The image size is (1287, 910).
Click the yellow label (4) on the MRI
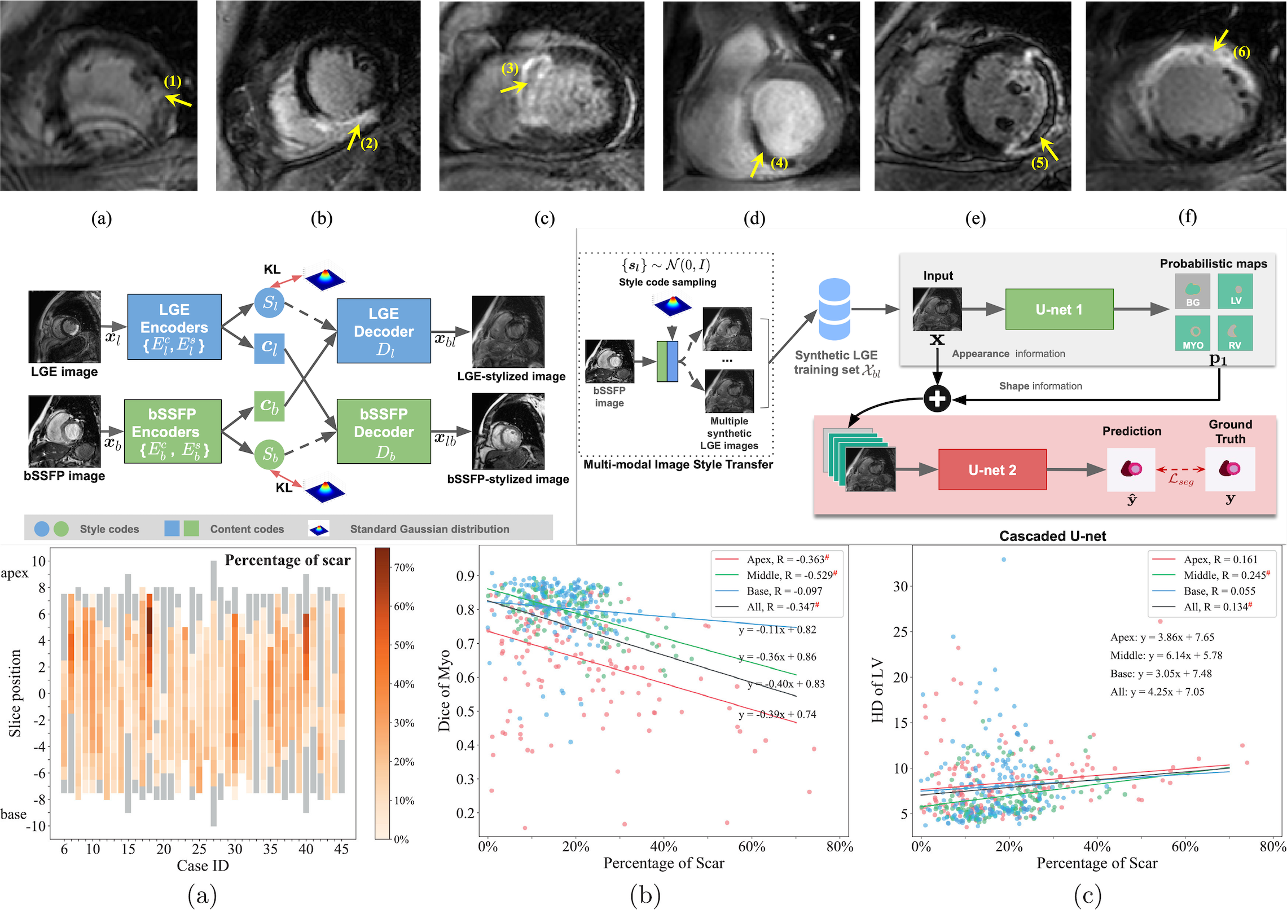coord(779,163)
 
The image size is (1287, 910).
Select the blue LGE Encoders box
coord(174,327)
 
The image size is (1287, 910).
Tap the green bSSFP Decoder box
coord(384,432)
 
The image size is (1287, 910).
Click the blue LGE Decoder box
coord(384,331)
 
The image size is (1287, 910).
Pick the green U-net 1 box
coord(1059,310)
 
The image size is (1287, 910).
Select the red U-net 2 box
coord(992,470)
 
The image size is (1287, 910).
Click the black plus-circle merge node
coord(937,399)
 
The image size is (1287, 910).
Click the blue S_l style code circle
coord(270,302)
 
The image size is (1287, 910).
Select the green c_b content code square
coord(269,406)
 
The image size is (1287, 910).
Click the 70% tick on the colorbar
coord(404,568)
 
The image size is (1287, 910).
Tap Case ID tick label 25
coord(199,849)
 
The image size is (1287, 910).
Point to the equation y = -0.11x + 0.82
coord(777,630)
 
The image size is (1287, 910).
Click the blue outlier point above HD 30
coord(1003,560)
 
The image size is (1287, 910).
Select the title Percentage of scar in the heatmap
coord(287,560)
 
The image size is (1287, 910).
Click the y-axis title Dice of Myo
coord(445,691)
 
